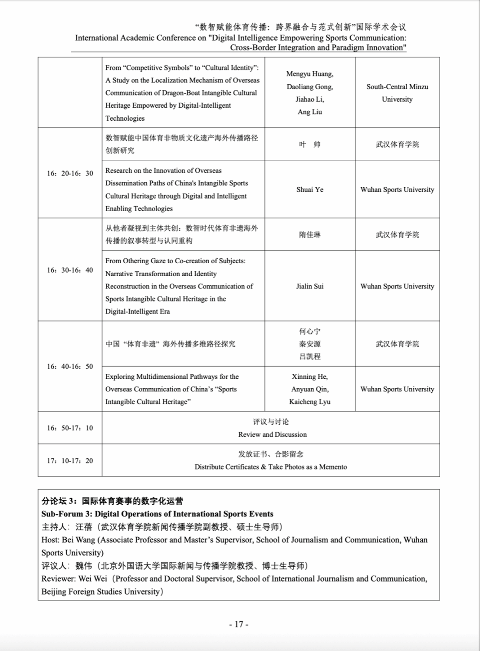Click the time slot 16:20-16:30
pyautogui.click(x=70, y=173)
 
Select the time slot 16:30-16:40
pyautogui.click(x=70, y=270)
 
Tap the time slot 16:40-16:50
pyautogui.click(x=70, y=367)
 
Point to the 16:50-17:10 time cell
pyautogui.click(x=70, y=428)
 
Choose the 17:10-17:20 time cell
pyautogui.click(x=70, y=461)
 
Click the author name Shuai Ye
pyautogui.click(x=310, y=190)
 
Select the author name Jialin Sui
pyautogui.click(x=310, y=286)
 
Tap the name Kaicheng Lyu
pyautogui.click(x=310, y=402)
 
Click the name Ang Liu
pyautogui.click(x=310, y=112)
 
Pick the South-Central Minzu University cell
pyautogui.click(x=397, y=93)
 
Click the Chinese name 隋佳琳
pyautogui.click(x=310, y=235)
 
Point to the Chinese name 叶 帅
pyautogui.click(x=310, y=145)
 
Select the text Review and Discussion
pyautogui.click(x=272, y=434)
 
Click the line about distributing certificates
pyautogui.click(x=271, y=467)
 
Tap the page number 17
pyautogui.click(x=239, y=625)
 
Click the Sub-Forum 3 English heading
pyautogui.click(x=157, y=514)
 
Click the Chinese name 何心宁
pyautogui.click(x=310, y=331)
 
